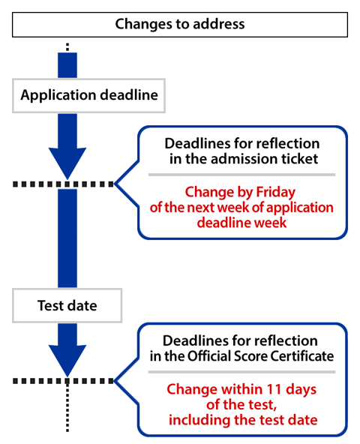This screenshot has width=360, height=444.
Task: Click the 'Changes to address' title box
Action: point(180,24)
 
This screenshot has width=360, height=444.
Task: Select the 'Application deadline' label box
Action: point(88,96)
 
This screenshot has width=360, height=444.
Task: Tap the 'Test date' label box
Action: point(67,306)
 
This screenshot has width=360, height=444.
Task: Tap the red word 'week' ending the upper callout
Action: point(273,223)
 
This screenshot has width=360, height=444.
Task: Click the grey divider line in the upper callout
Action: point(241,174)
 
